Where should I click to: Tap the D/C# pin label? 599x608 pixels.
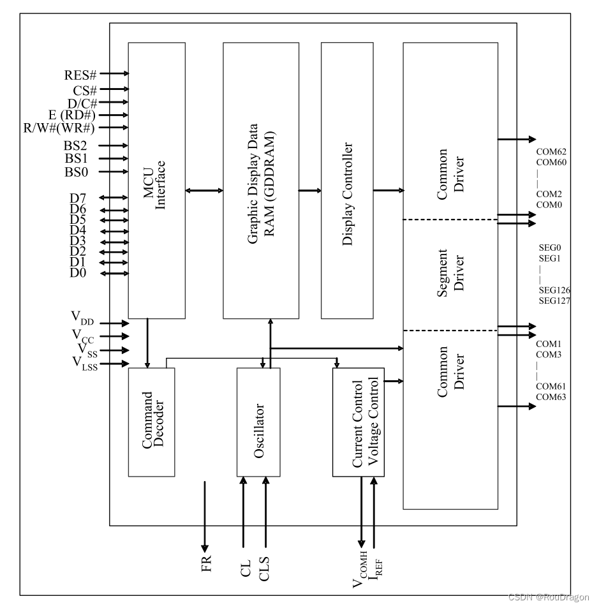click(82, 103)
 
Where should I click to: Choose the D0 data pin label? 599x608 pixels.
click(78, 273)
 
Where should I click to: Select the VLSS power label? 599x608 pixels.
click(84, 364)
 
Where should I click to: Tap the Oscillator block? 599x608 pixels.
click(258, 422)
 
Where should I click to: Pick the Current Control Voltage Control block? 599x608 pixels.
click(358, 421)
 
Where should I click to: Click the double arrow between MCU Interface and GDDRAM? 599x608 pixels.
click(204, 189)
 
